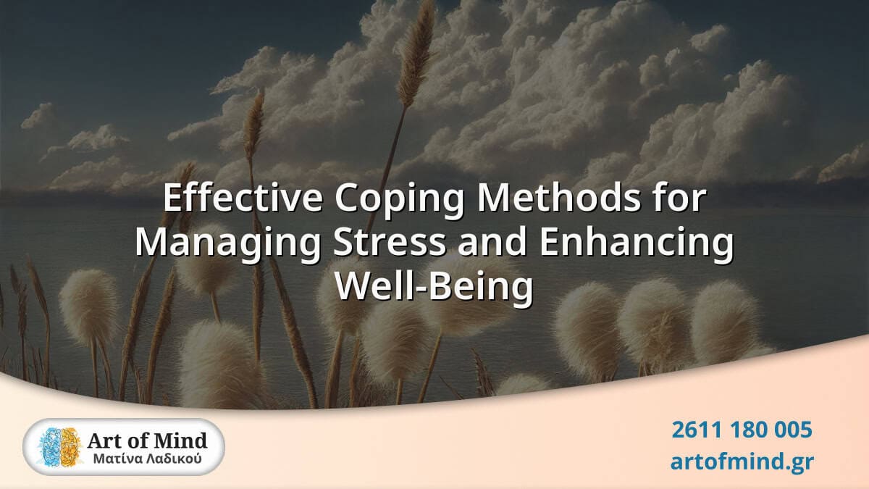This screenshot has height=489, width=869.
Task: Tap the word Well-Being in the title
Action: (x=433, y=287)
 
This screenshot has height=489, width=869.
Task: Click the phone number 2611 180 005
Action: (x=742, y=430)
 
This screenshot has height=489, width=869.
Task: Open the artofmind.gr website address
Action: (x=742, y=461)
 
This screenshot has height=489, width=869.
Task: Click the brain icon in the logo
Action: (x=60, y=446)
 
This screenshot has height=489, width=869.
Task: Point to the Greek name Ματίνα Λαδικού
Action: (x=147, y=459)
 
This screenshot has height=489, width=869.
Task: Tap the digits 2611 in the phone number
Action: (x=694, y=430)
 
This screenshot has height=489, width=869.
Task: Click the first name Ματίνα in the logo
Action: (x=118, y=459)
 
